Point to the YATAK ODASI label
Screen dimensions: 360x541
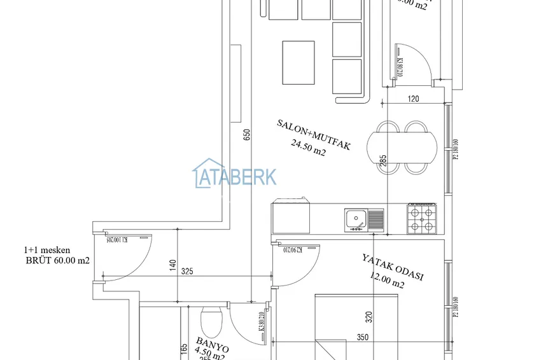(393, 267)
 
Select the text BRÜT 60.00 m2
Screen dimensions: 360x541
(57, 261)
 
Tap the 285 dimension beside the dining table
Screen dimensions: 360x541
(383, 162)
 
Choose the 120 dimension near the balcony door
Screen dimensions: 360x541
(414, 99)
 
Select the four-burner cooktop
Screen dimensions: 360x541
(422, 218)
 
